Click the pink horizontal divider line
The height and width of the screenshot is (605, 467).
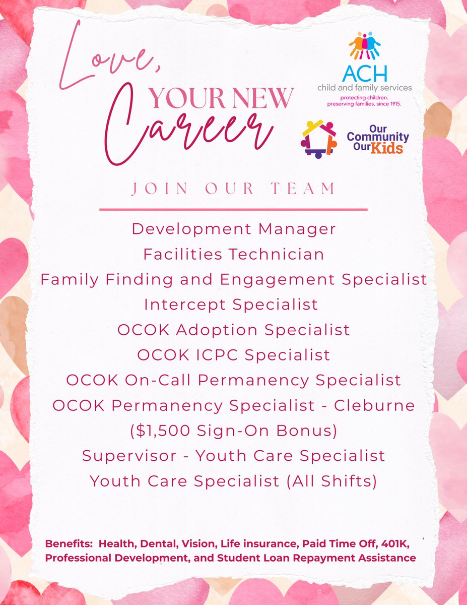233,209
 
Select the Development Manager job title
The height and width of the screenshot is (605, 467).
233,229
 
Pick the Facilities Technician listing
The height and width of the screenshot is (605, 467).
233,254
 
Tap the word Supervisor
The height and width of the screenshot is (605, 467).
128,456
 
